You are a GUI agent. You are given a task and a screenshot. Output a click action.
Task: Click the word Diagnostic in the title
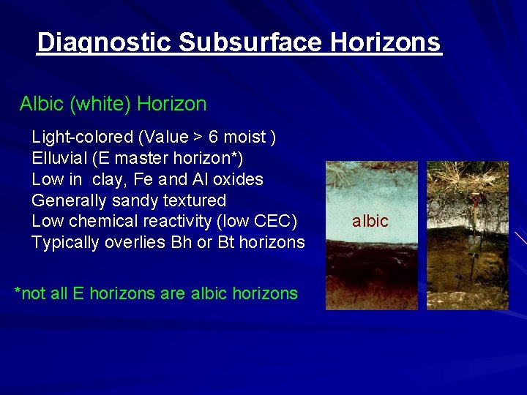pos(104,42)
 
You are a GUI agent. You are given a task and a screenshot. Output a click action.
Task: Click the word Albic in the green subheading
pos(42,104)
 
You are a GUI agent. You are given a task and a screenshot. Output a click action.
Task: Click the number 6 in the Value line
pos(213,137)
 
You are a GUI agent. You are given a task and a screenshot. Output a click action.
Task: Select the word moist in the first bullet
pos(244,137)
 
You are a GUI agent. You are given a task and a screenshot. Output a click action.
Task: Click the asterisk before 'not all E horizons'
pos(18,293)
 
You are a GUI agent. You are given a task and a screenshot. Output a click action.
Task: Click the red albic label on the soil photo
pos(370,222)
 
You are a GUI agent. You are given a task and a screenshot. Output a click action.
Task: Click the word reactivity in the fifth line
pos(183,221)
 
